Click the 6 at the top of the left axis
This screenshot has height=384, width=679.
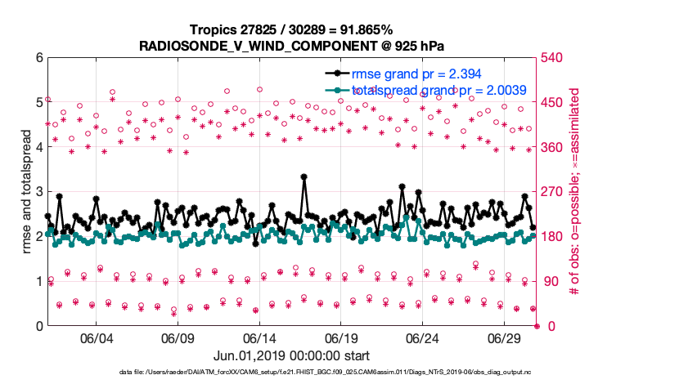(38, 58)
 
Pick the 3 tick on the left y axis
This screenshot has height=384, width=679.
(38, 192)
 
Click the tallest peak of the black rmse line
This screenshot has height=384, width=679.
(304, 176)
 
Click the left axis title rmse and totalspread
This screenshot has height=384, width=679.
(26, 191)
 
